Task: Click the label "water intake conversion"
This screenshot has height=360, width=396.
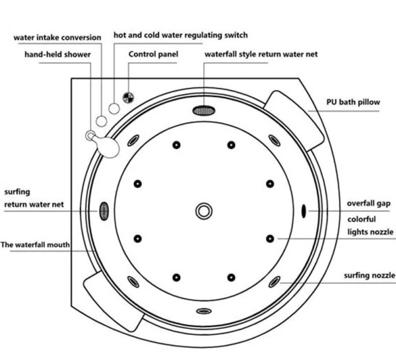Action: click(57, 38)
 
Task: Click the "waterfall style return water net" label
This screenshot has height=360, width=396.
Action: click(261, 54)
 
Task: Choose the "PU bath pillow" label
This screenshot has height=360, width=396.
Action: click(353, 103)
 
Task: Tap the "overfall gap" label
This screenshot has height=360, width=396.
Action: click(370, 203)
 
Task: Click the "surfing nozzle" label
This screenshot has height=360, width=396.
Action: click(370, 275)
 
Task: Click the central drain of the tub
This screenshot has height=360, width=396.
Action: click(204, 211)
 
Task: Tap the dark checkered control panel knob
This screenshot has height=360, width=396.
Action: click(128, 98)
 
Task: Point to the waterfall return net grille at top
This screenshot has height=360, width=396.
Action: click(205, 110)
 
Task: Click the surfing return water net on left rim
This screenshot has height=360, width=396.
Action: click(104, 211)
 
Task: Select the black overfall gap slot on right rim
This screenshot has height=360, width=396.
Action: click(304, 211)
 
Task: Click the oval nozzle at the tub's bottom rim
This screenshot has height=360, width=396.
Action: click(204, 310)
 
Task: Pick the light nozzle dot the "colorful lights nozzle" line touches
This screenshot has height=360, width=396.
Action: click(270, 238)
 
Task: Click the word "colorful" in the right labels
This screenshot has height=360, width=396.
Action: click(362, 219)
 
